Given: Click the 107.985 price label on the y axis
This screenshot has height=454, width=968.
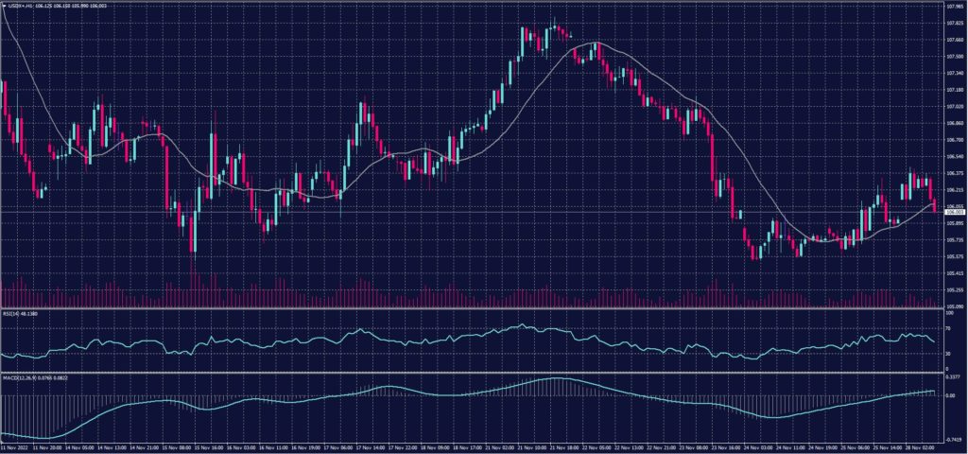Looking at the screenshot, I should pyautogui.click(x=954, y=6).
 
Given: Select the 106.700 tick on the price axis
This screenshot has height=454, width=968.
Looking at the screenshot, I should pyautogui.click(x=954, y=140).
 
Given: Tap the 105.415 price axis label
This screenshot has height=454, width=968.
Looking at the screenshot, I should pyautogui.click(x=954, y=272).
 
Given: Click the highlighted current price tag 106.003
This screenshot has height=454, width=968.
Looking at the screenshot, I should pyautogui.click(x=954, y=213).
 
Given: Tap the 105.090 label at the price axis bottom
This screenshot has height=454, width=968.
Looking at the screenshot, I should pyautogui.click(x=954, y=306).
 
